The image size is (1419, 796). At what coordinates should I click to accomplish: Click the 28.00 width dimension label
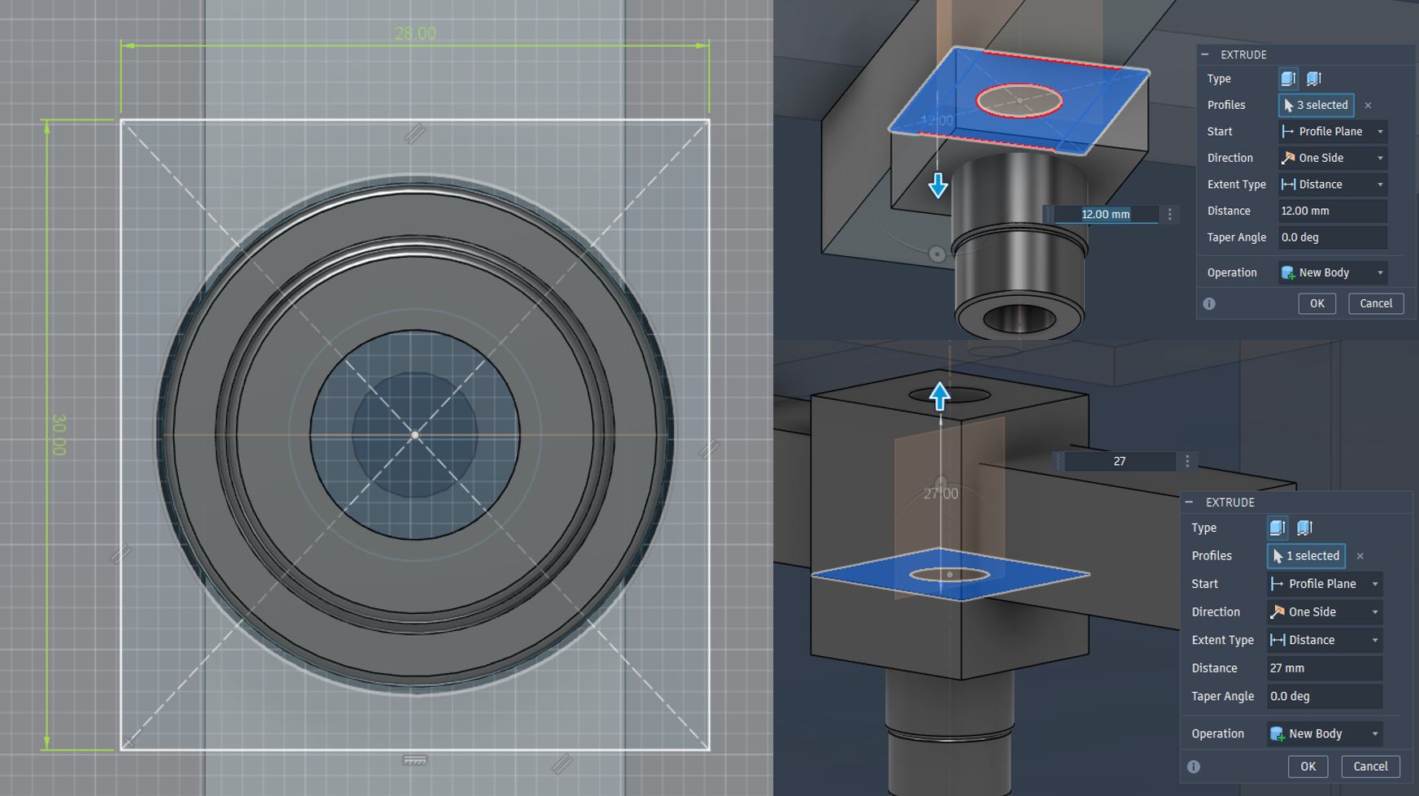click(415, 33)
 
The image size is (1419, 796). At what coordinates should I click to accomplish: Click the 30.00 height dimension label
click(59, 434)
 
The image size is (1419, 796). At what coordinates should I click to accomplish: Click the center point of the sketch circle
click(415, 435)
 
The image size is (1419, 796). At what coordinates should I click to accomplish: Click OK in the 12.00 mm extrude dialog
click(1317, 303)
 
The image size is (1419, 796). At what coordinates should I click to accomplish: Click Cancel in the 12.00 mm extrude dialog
click(1376, 303)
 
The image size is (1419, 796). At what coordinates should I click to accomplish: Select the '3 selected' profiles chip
click(1316, 105)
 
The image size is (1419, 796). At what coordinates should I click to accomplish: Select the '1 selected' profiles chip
click(1306, 555)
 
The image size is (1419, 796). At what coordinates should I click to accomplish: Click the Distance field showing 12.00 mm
click(1332, 211)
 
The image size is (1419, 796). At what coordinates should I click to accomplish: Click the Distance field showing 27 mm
click(1324, 668)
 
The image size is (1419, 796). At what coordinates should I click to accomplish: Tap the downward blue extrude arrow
click(938, 186)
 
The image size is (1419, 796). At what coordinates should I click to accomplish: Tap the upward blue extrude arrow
click(940, 396)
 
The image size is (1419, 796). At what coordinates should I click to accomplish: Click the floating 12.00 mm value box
click(1105, 214)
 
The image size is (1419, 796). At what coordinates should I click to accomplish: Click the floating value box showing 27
click(1119, 461)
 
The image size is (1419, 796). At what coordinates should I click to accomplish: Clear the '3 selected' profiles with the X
click(1368, 105)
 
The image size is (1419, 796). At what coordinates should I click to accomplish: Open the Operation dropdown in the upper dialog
click(1332, 272)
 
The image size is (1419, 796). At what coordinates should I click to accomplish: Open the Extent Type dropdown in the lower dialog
click(1324, 640)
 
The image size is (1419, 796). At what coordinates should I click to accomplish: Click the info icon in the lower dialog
click(1193, 767)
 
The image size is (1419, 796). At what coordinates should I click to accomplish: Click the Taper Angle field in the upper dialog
click(1332, 237)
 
